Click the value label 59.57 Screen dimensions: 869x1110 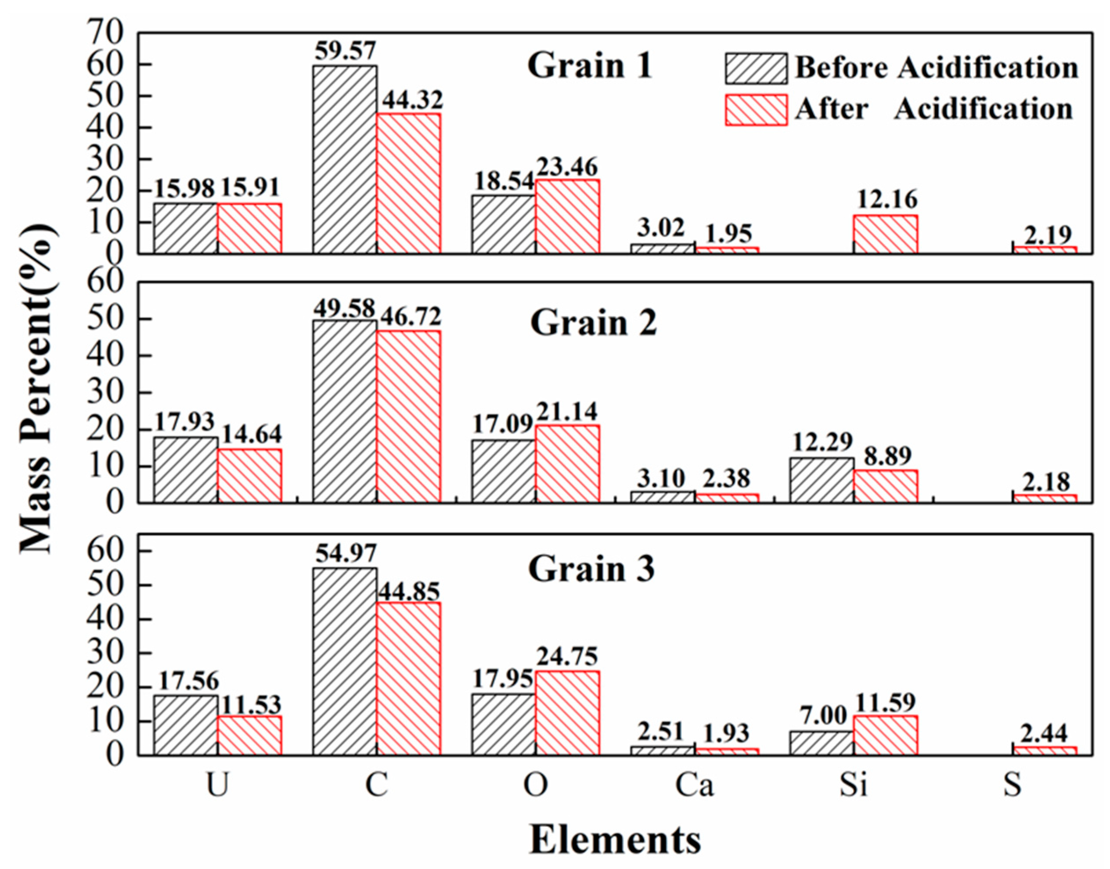[x=345, y=51]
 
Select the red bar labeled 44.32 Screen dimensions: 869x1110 [x=409, y=183]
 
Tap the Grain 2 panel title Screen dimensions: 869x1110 [x=594, y=323]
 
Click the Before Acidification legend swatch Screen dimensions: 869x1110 [x=756, y=68]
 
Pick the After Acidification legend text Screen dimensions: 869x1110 [x=933, y=109]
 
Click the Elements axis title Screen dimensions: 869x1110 [x=615, y=840]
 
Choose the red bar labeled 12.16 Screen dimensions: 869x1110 [x=886, y=234]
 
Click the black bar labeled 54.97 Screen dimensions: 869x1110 [x=345, y=661]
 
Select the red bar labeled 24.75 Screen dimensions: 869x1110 [x=567, y=712]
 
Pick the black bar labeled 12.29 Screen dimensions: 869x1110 [x=822, y=480]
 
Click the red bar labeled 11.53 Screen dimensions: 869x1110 [x=249, y=735]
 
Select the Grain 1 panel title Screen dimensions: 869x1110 [x=589, y=66]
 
